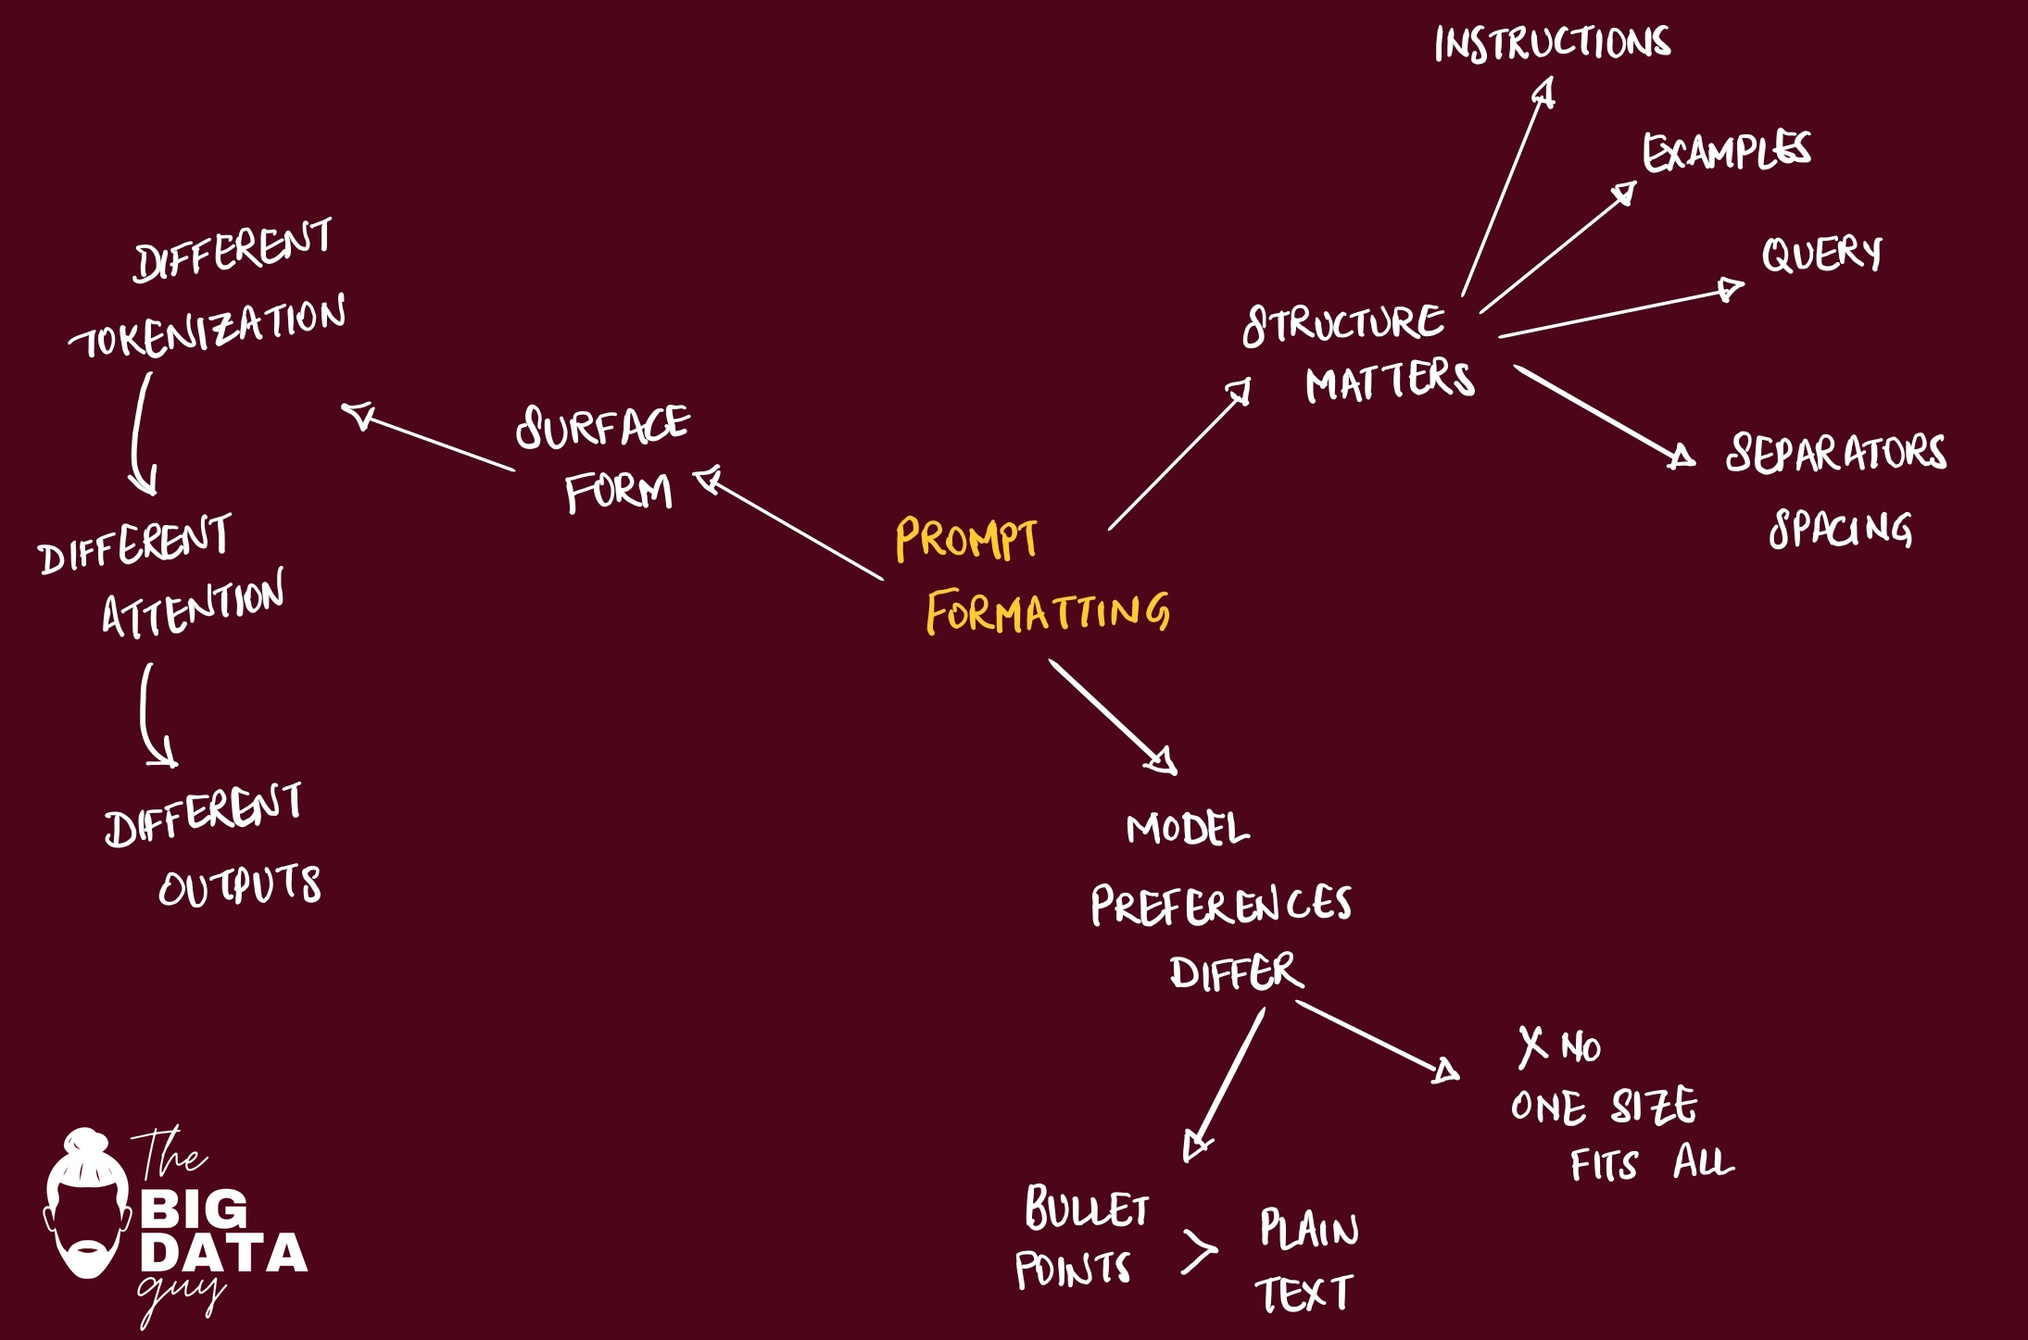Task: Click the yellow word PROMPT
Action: point(965,540)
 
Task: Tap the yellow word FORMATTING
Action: point(1047,612)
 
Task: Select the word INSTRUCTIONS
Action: point(1552,44)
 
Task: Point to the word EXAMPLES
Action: point(1726,153)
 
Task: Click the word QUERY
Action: point(1821,255)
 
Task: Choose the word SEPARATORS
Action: point(1835,454)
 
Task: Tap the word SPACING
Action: point(1840,529)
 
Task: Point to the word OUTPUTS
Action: point(240,885)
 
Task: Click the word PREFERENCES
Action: point(1220,905)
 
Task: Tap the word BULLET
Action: point(1087,1209)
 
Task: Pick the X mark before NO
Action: point(1532,1046)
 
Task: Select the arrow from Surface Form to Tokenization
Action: point(428,438)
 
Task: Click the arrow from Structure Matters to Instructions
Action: point(1506,190)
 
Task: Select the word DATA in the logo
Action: point(223,1254)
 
